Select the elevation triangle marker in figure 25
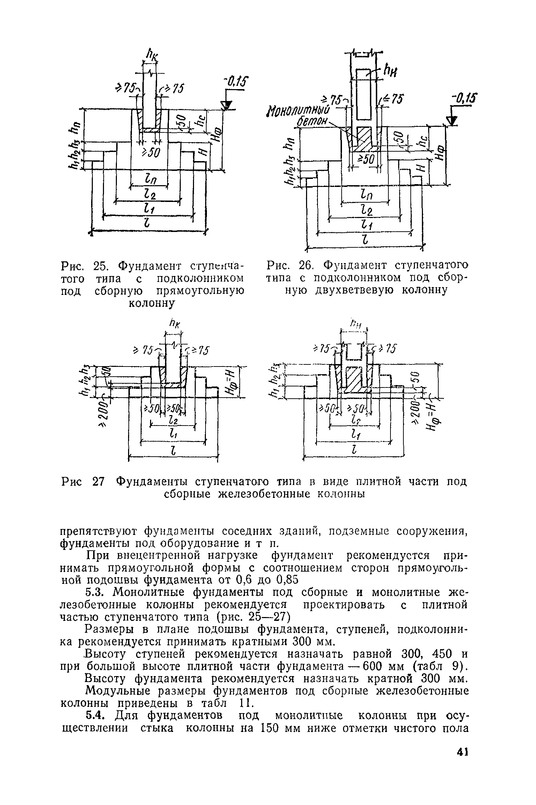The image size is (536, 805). click(227, 105)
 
